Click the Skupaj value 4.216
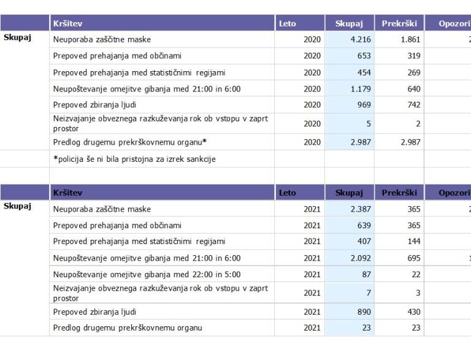360,40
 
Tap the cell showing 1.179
360,89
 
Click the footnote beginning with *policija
134,159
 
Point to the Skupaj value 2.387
360,209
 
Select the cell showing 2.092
360,258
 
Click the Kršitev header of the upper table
67,23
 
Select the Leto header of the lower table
287,193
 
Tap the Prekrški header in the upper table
399,23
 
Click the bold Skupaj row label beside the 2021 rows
17,206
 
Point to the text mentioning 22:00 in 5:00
147,275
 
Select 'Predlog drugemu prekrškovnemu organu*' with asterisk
129,142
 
